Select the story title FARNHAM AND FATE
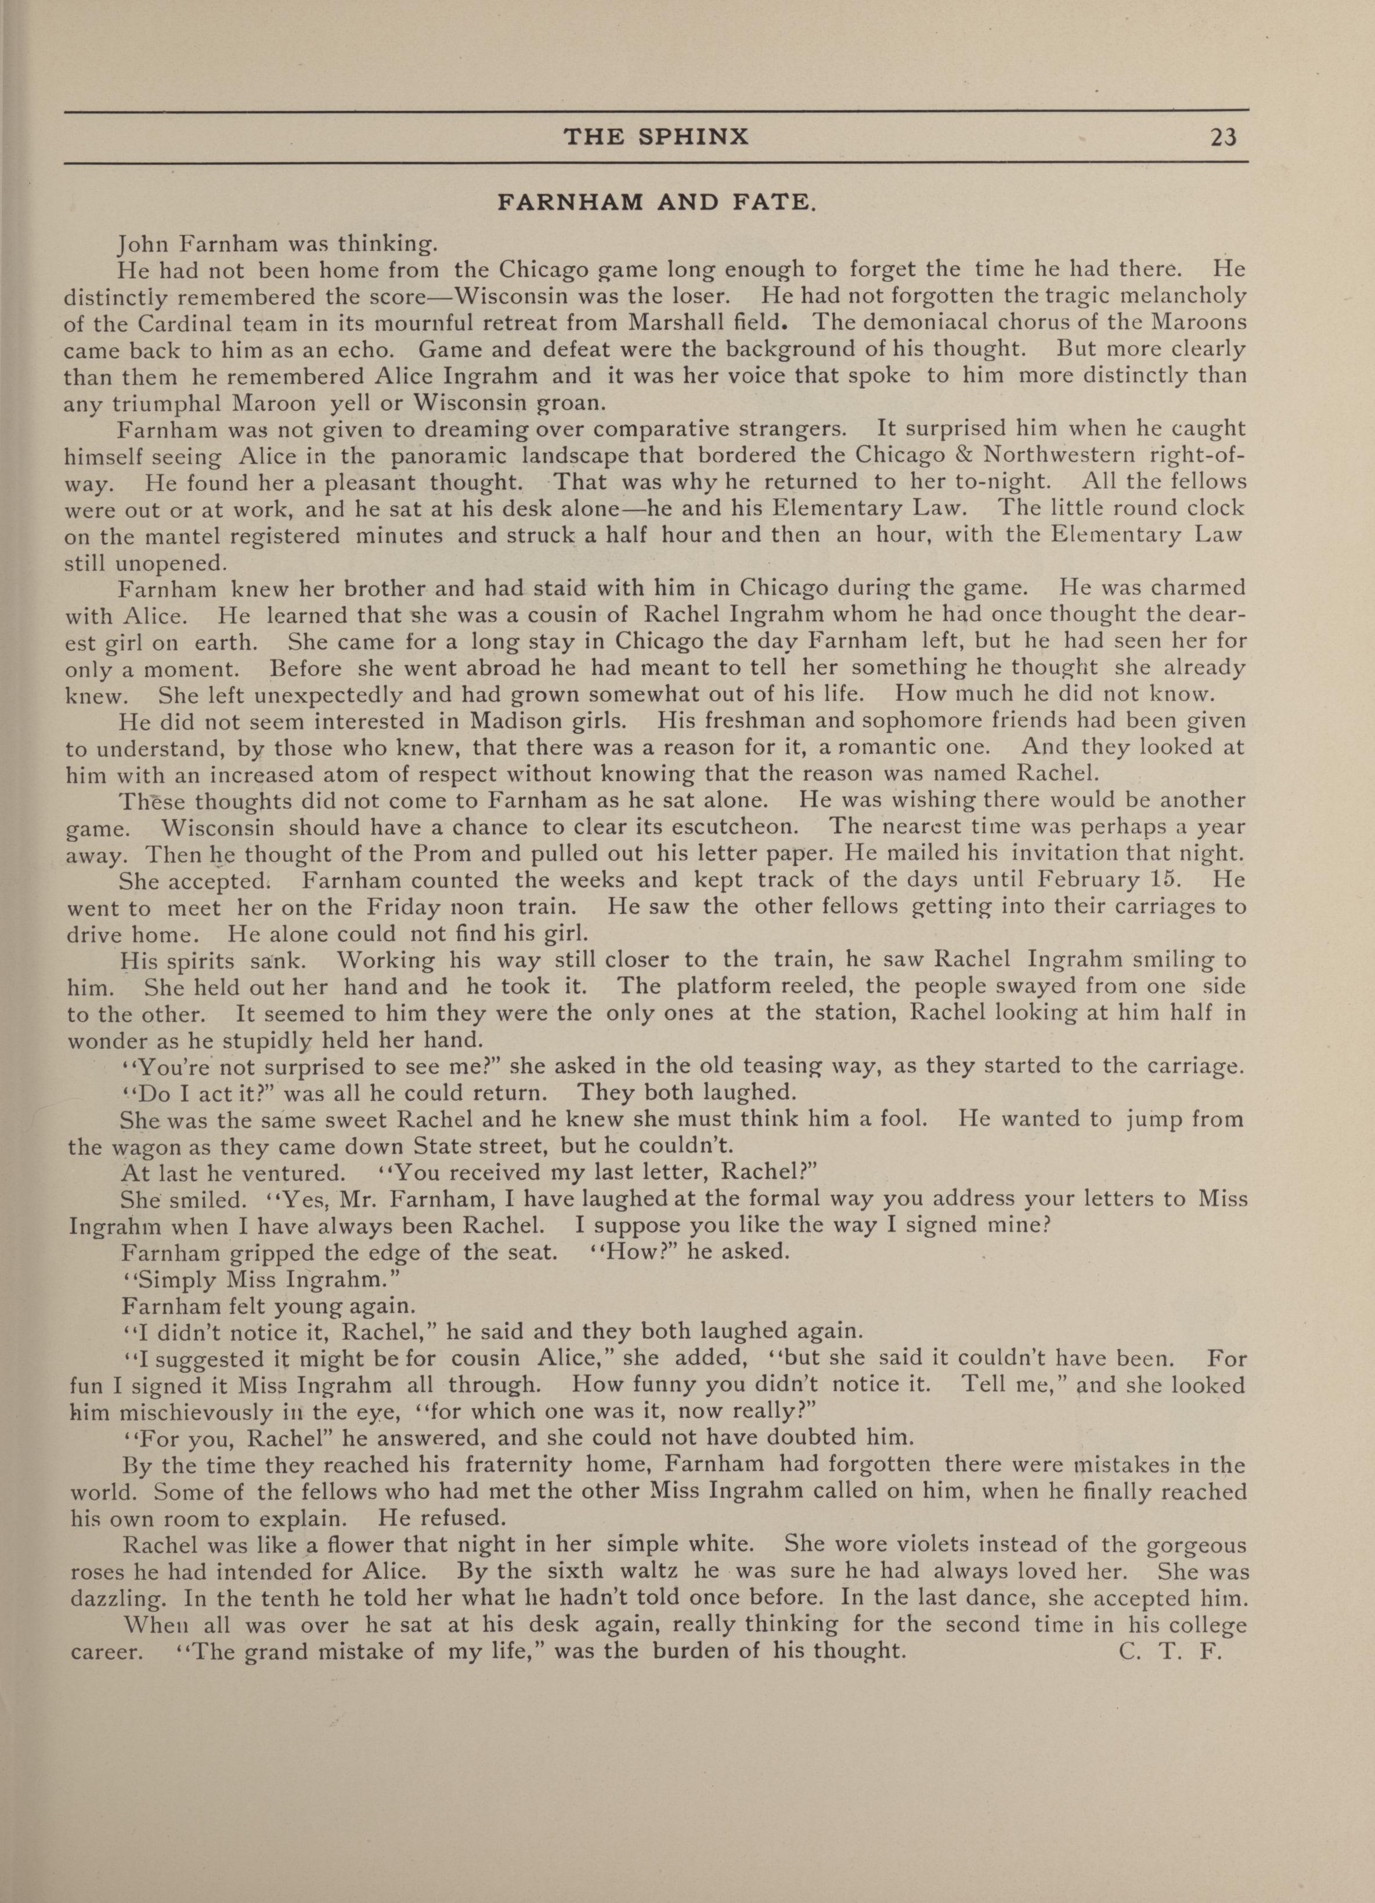pos(655,202)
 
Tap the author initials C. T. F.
pos(1168,1651)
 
